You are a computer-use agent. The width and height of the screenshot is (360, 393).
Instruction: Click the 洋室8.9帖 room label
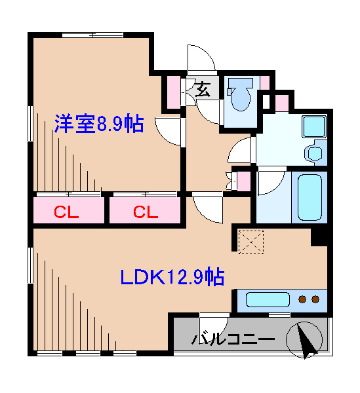point(98,124)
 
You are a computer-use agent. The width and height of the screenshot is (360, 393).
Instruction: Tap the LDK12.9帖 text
point(172,277)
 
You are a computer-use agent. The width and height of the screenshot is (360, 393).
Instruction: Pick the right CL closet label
point(146,212)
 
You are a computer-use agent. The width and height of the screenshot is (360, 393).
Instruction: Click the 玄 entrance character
point(203,89)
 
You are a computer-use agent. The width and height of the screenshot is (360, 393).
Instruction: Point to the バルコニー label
point(232,340)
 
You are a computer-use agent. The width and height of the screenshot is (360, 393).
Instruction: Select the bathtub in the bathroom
point(310,196)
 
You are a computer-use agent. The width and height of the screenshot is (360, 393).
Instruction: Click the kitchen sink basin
point(268,300)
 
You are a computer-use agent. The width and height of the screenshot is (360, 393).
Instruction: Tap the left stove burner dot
point(303,300)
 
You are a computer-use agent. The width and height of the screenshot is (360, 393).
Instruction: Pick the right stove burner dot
point(316,300)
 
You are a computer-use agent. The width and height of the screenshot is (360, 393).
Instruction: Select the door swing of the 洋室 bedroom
point(168,131)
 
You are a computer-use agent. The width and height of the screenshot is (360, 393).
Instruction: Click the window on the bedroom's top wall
point(92,33)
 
